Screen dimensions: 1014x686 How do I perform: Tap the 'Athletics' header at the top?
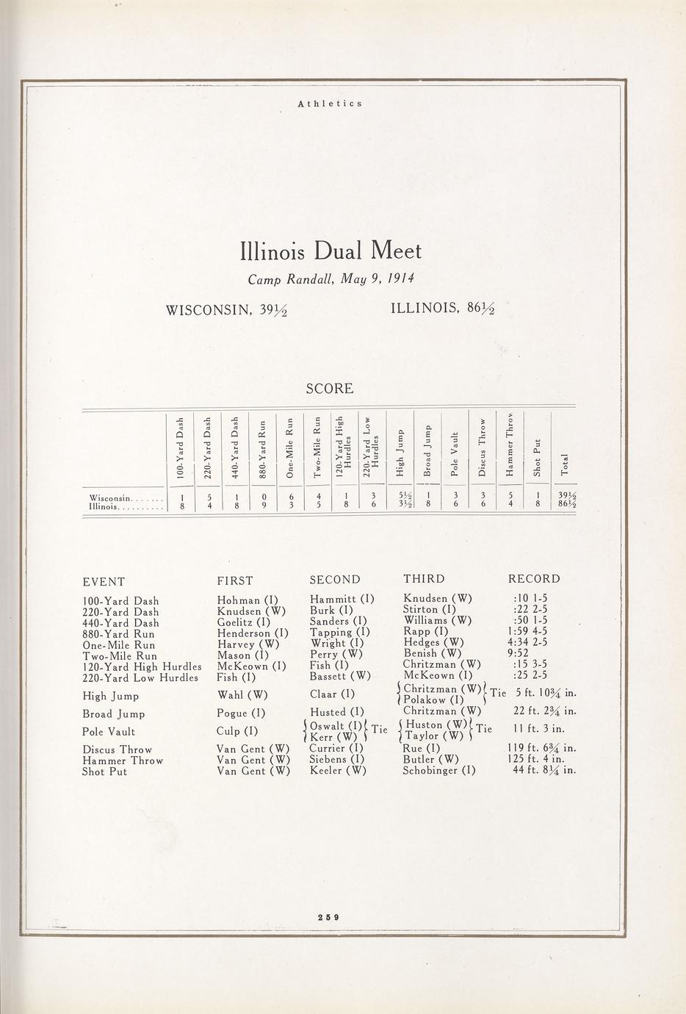click(330, 104)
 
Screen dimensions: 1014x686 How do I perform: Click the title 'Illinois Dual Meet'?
click(331, 251)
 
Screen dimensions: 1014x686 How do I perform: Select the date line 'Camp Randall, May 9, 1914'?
click(331, 279)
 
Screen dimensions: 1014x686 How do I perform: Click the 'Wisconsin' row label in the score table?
click(109, 497)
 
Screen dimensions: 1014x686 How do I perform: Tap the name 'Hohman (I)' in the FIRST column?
click(247, 600)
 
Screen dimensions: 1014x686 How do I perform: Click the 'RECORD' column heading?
click(534, 579)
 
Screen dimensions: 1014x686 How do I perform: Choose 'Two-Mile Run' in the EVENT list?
click(120, 655)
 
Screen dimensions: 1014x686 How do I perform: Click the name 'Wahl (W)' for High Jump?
click(242, 695)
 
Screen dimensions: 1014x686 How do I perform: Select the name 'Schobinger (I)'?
click(438, 771)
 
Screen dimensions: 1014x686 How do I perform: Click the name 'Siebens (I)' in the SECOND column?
click(337, 760)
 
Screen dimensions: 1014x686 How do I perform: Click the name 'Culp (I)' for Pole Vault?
click(237, 731)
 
